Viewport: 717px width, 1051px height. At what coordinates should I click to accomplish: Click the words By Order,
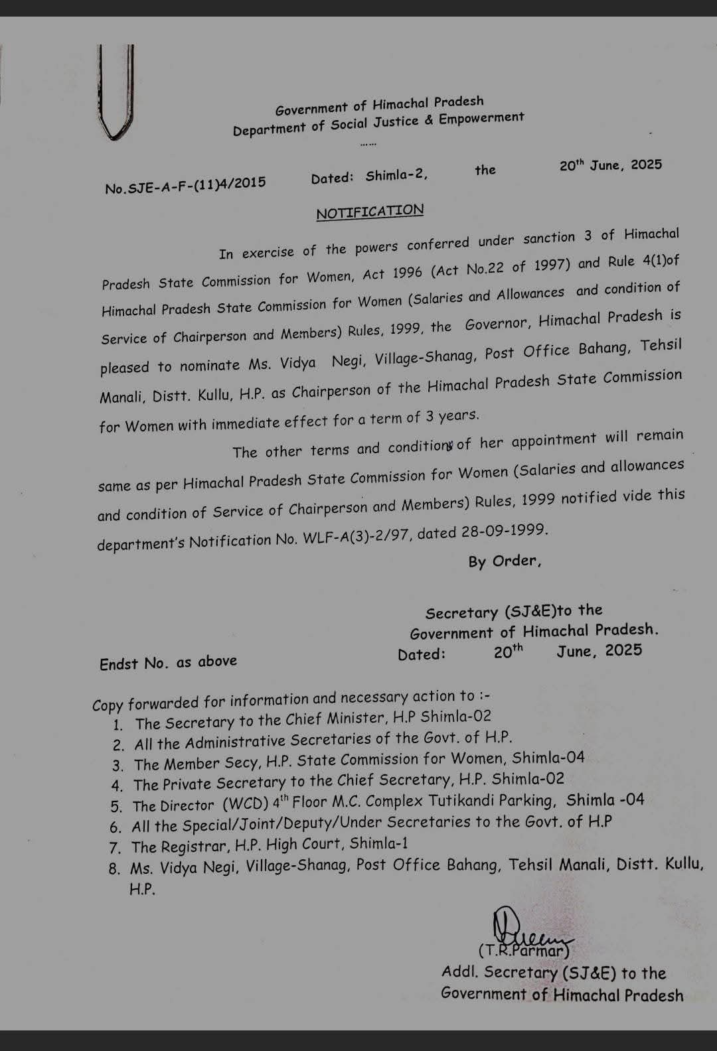pos(505,561)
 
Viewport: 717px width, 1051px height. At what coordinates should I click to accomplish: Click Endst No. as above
pos(168,663)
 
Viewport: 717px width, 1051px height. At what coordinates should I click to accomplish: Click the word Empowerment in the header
pos(481,119)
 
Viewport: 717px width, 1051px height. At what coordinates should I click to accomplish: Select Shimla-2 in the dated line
pos(396,176)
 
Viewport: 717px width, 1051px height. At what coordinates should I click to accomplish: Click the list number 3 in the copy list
pos(118,766)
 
